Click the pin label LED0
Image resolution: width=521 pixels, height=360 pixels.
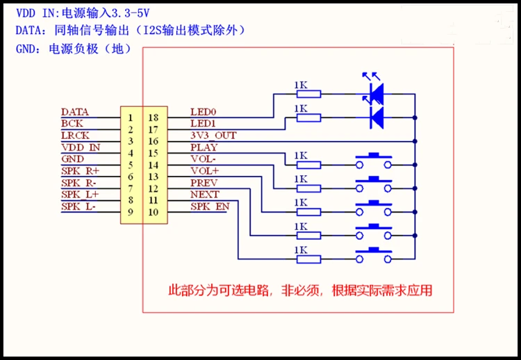203,112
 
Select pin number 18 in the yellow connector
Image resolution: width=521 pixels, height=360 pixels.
154,117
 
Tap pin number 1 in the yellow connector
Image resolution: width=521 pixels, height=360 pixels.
131,117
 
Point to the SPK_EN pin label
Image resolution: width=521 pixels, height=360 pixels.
210,206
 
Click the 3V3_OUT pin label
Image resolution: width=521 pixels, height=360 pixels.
213,136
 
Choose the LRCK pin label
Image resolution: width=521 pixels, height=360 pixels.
75,136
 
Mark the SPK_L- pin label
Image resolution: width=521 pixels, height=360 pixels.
78,206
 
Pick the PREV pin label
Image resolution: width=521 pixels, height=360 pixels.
204,183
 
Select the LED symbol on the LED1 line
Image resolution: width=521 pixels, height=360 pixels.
377,117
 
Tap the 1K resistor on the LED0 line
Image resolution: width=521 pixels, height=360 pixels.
308,94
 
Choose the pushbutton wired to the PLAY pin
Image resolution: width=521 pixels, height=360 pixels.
374,161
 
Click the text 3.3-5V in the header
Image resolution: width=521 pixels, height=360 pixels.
131,13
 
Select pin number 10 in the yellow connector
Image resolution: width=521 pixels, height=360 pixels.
154,212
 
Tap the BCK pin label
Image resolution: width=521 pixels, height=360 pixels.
72,124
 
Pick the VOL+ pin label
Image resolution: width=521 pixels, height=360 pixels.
205,171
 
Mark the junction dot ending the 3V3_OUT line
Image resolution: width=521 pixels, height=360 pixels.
415,141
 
